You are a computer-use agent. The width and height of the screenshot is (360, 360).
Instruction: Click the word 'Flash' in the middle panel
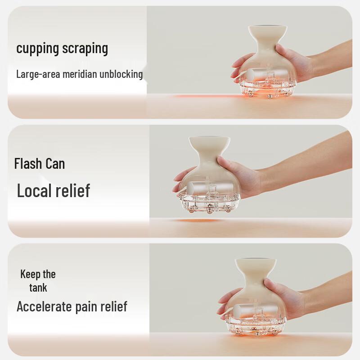28,163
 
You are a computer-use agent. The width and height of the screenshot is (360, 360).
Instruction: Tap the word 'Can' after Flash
54,163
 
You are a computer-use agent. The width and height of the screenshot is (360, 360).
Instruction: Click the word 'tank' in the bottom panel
38,287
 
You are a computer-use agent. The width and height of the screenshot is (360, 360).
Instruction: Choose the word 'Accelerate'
44,307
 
